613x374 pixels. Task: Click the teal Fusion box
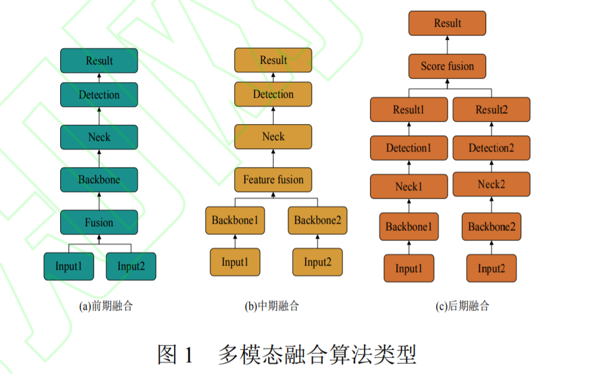[99, 222]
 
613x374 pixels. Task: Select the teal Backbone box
[99, 180]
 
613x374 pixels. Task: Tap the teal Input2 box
[131, 266]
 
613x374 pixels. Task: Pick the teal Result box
[99, 61]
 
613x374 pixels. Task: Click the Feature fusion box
[273, 180]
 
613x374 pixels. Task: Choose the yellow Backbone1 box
[235, 221]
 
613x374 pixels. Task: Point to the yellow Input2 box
[318, 262]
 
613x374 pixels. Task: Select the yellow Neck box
[273, 137]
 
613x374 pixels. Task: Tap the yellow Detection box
[273, 94]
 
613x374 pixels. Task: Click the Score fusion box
[447, 66]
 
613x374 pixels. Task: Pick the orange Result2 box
[491, 110]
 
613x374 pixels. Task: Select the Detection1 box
[409, 148]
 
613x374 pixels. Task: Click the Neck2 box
[491, 184]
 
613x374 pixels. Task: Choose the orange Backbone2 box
[491, 227]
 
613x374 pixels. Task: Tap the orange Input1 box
[409, 268]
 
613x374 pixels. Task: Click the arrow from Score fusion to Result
[447, 44]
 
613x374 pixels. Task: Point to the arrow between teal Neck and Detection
[99, 116]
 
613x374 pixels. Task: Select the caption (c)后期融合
[462, 307]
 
